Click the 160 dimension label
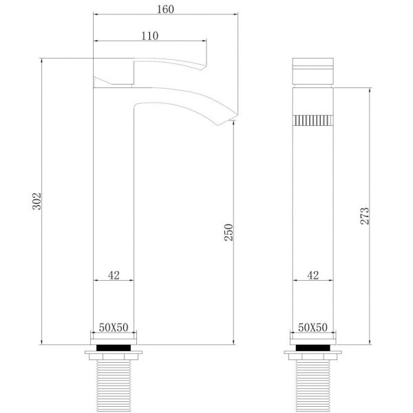tap(165, 10)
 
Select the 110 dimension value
tap(150, 36)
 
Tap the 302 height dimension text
tap(36, 201)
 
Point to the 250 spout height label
tap(229, 233)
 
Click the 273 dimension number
tap(365, 216)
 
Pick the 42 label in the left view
tap(114, 275)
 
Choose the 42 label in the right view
tap(313, 275)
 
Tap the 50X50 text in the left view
tap(114, 328)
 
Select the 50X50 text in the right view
tap(313, 328)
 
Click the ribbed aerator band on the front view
tap(313, 120)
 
